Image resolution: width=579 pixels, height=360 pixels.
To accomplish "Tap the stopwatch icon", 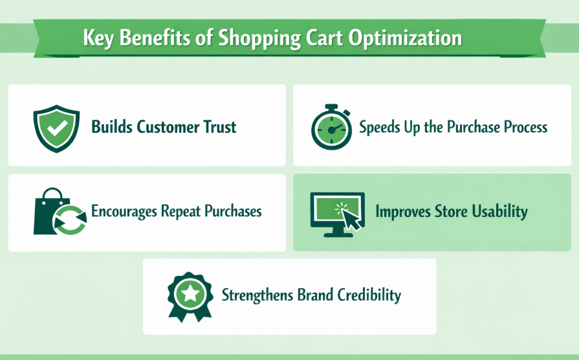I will (331, 127).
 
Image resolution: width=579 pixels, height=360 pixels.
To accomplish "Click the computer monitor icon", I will (337, 212).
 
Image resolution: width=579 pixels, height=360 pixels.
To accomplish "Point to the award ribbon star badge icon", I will (190, 295).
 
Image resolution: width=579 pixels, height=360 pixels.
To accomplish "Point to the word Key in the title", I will (97, 38).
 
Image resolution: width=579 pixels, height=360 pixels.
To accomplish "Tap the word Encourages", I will (122, 211).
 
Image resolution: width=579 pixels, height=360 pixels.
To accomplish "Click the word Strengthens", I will (257, 295).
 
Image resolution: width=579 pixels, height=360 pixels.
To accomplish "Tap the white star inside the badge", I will (190, 293).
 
